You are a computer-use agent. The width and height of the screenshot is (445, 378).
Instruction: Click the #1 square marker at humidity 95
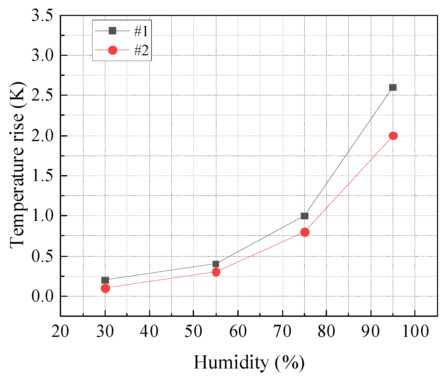tap(392, 87)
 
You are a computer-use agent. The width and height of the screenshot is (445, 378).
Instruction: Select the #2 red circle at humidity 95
tap(393, 136)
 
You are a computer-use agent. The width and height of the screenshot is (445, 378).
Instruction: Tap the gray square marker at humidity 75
tap(304, 216)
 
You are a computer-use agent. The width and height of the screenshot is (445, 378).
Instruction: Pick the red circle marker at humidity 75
tap(305, 232)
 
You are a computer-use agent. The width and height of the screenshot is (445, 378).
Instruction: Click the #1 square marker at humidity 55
tap(216, 264)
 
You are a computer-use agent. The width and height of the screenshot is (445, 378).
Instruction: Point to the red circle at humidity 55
tap(216, 272)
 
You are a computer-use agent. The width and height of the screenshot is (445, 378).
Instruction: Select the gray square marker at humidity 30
tap(105, 280)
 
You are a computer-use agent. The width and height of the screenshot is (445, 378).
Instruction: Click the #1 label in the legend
tap(141, 31)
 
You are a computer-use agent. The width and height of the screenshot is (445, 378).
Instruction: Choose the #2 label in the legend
tap(141, 50)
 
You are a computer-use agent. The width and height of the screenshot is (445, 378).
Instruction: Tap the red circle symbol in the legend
tap(113, 50)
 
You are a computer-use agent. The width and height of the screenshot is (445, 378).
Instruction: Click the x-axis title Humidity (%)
tap(249, 362)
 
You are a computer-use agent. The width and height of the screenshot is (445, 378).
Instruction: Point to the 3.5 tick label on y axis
tap(42, 15)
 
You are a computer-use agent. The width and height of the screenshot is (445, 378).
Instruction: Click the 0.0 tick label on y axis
tap(42, 296)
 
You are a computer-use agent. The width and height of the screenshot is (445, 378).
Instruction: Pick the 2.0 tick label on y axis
tap(42, 136)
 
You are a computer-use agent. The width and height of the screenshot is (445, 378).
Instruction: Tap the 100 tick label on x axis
tap(415, 331)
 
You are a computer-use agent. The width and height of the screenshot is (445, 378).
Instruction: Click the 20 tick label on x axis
tap(60, 331)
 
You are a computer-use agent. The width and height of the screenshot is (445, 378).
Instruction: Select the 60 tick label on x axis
tap(238, 331)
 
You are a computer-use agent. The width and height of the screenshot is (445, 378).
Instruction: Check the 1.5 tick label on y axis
tap(42, 176)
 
